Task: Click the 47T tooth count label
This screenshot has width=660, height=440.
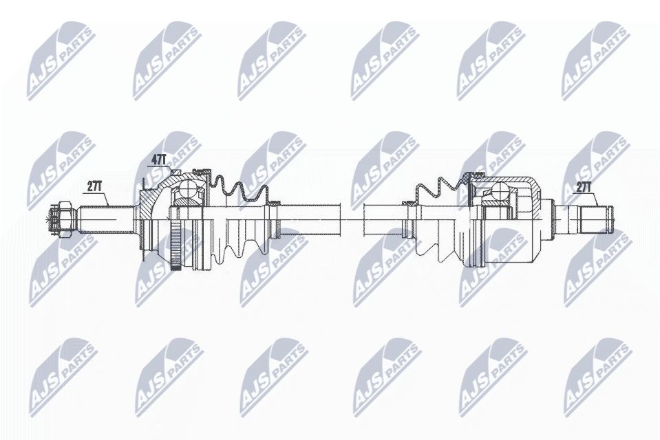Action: pos(159,159)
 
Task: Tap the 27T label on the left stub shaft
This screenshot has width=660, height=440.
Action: pos(96,186)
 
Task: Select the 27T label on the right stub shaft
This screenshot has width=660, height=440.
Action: pos(584,186)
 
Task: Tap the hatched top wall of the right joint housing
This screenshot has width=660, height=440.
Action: pos(509,180)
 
